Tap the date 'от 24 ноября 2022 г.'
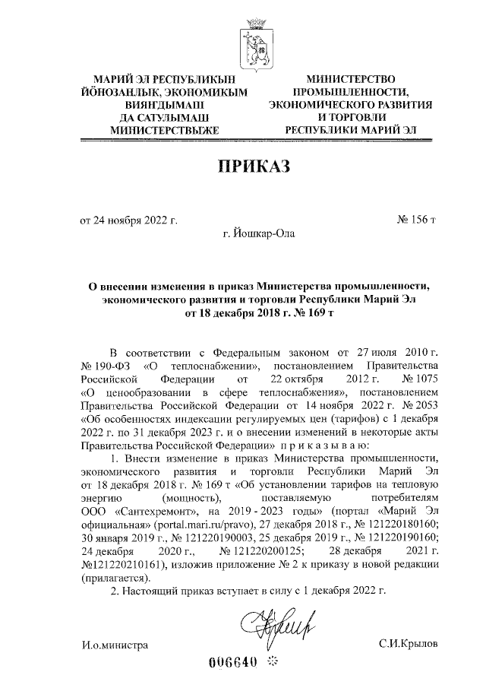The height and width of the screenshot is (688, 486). click(x=129, y=221)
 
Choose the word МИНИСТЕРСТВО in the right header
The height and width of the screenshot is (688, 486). click(x=351, y=78)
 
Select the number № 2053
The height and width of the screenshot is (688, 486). click(x=420, y=405)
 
